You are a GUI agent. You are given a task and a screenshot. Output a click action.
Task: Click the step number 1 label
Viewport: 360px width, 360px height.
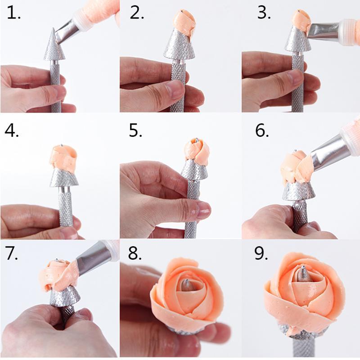(x=13, y=13)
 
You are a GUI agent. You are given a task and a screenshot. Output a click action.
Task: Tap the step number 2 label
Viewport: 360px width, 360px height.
(x=137, y=13)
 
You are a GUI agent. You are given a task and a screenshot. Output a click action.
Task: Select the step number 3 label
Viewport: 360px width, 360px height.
(x=263, y=13)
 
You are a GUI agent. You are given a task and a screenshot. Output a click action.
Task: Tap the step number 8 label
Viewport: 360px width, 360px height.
(x=135, y=254)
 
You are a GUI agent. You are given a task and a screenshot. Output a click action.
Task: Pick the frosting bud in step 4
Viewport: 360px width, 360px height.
(x=63, y=157)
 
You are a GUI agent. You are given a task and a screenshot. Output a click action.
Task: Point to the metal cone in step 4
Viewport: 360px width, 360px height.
(x=63, y=178)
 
